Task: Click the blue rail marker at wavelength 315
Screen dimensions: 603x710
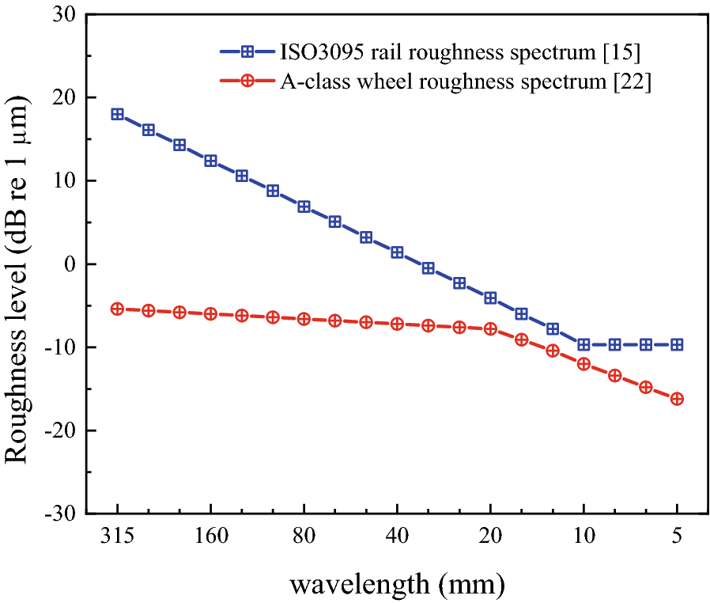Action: click(x=117, y=114)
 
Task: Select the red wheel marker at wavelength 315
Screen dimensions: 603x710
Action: click(x=117, y=309)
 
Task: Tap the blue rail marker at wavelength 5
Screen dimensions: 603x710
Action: click(x=677, y=344)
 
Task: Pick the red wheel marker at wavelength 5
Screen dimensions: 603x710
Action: click(x=677, y=399)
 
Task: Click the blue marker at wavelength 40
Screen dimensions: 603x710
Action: click(x=397, y=252)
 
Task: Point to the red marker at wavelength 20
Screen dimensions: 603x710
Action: click(x=490, y=328)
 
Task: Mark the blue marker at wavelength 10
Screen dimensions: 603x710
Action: click(x=583, y=344)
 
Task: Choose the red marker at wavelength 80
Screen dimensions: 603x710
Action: click(x=304, y=319)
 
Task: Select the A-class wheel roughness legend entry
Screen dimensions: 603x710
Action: click(x=465, y=82)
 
